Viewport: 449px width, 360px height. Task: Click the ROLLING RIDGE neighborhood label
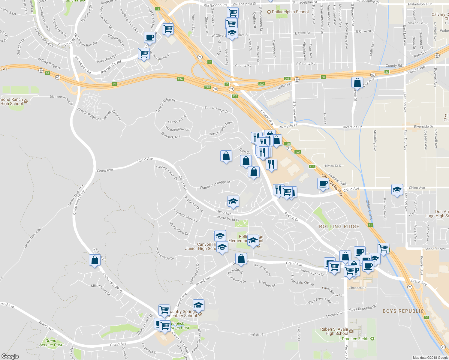pyautogui.click(x=339, y=226)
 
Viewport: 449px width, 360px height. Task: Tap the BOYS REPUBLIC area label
pyautogui.click(x=403, y=311)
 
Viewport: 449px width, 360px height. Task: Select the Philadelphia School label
pyautogui.click(x=290, y=12)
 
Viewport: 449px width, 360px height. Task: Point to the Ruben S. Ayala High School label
pyautogui.click(x=334, y=331)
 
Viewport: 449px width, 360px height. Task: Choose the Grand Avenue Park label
pyautogui.click(x=51, y=343)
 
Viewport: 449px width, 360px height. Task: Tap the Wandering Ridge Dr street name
pyautogui.click(x=215, y=185)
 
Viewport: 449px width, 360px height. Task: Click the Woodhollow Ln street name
pyautogui.click(x=177, y=129)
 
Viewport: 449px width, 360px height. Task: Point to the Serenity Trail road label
pyautogui.click(x=337, y=179)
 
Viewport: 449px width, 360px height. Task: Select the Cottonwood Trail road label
pyautogui.click(x=220, y=129)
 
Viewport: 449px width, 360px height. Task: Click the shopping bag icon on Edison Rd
pyautogui.click(x=95, y=260)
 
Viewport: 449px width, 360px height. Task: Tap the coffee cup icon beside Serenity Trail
pyautogui.click(x=323, y=184)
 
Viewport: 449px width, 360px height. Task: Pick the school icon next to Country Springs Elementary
pyautogui.click(x=198, y=305)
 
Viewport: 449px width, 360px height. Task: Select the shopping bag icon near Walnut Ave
pyautogui.click(x=357, y=82)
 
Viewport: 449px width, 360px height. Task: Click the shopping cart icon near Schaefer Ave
pyautogui.click(x=383, y=248)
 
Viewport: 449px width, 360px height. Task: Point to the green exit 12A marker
pyautogui.click(x=297, y=152)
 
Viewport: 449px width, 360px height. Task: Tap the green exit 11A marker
pyautogui.click(x=312, y=166)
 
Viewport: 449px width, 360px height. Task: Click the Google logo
pyautogui.click(x=10, y=356)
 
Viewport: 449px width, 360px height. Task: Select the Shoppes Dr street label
pyautogui.click(x=357, y=288)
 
